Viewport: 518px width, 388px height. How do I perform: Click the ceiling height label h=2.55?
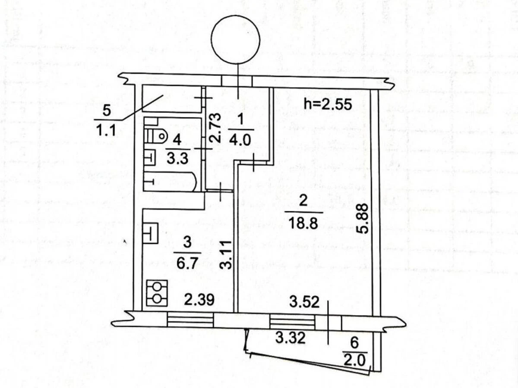(x=328, y=104)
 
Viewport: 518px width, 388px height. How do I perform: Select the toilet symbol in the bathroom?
(x=156, y=136)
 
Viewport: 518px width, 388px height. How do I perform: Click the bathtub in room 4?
(x=170, y=181)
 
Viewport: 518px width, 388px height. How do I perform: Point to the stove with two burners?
(x=157, y=293)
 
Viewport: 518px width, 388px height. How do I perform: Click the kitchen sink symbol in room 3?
(x=151, y=233)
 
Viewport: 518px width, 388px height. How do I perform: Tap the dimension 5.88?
(x=362, y=219)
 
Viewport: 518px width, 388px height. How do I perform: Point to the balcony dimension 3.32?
(x=291, y=338)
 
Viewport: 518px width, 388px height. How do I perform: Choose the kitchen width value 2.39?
(x=199, y=300)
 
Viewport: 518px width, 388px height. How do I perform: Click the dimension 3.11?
(x=226, y=255)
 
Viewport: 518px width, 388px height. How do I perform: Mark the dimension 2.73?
(x=215, y=128)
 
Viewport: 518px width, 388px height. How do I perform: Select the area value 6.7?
(x=187, y=264)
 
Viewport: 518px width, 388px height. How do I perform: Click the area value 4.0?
(x=240, y=141)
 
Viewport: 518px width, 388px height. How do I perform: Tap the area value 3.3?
(x=177, y=159)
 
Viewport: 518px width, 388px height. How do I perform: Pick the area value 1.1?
(x=107, y=130)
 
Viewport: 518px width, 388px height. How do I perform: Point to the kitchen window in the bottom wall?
(x=190, y=320)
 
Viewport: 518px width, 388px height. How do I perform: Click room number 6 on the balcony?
(x=354, y=343)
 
